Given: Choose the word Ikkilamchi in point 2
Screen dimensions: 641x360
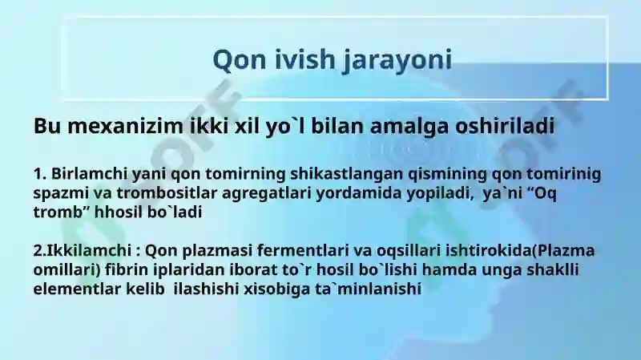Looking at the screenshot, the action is tap(89, 251).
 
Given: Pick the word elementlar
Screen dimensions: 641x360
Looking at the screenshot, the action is tap(77, 289).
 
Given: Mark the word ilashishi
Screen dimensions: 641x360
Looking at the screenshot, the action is tap(207, 289).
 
